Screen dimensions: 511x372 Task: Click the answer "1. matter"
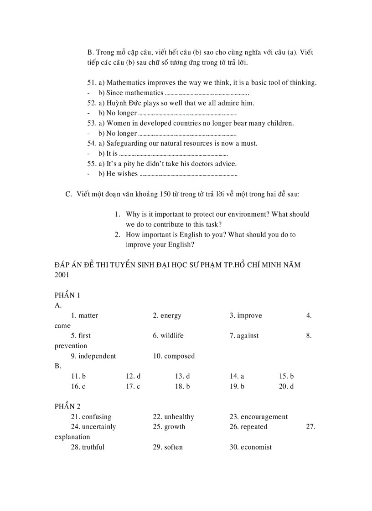84,316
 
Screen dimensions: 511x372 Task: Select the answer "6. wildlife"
168,336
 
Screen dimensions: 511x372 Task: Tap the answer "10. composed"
174,356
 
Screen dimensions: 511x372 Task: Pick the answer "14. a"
237,376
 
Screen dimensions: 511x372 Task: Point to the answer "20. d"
286,386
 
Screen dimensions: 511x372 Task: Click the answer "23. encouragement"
258,417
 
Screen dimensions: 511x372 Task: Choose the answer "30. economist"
250,447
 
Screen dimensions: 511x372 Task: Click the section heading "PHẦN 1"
67,295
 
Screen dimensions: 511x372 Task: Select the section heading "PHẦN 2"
67,406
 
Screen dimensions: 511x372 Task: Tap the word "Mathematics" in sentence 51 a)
126,83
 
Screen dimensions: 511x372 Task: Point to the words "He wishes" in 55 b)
122,174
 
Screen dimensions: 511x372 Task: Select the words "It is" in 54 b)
112,154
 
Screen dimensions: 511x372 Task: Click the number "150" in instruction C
165,194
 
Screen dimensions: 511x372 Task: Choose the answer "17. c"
133,386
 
